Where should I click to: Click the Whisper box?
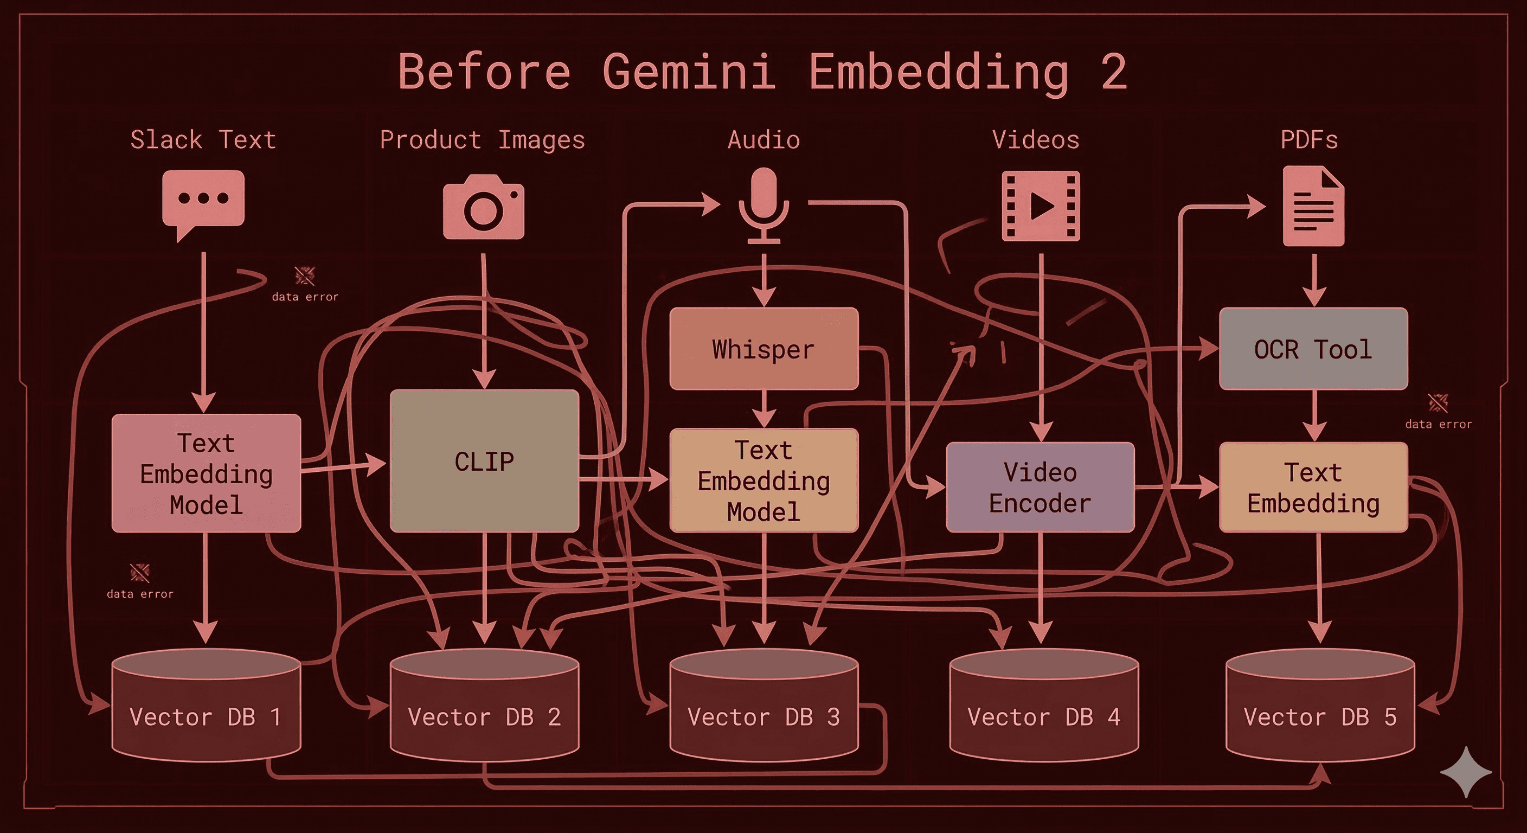tap(763, 349)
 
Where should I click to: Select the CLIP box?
tap(484, 460)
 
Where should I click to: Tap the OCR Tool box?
tap(1313, 349)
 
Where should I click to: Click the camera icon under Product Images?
tap(484, 207)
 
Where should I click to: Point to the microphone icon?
tap(763, 204)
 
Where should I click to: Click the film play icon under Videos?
tap(1041, 206)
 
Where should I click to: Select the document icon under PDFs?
tap(1313, 206)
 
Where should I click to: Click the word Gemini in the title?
tap(689, 72)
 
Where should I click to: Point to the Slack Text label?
tap(203, 140)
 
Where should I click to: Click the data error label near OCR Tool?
tap(1438, 424)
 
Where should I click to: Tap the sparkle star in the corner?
tap(1465, 772)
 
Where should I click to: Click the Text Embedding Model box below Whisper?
tap(763, 480)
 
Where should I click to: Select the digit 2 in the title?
tap(1114, 72)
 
